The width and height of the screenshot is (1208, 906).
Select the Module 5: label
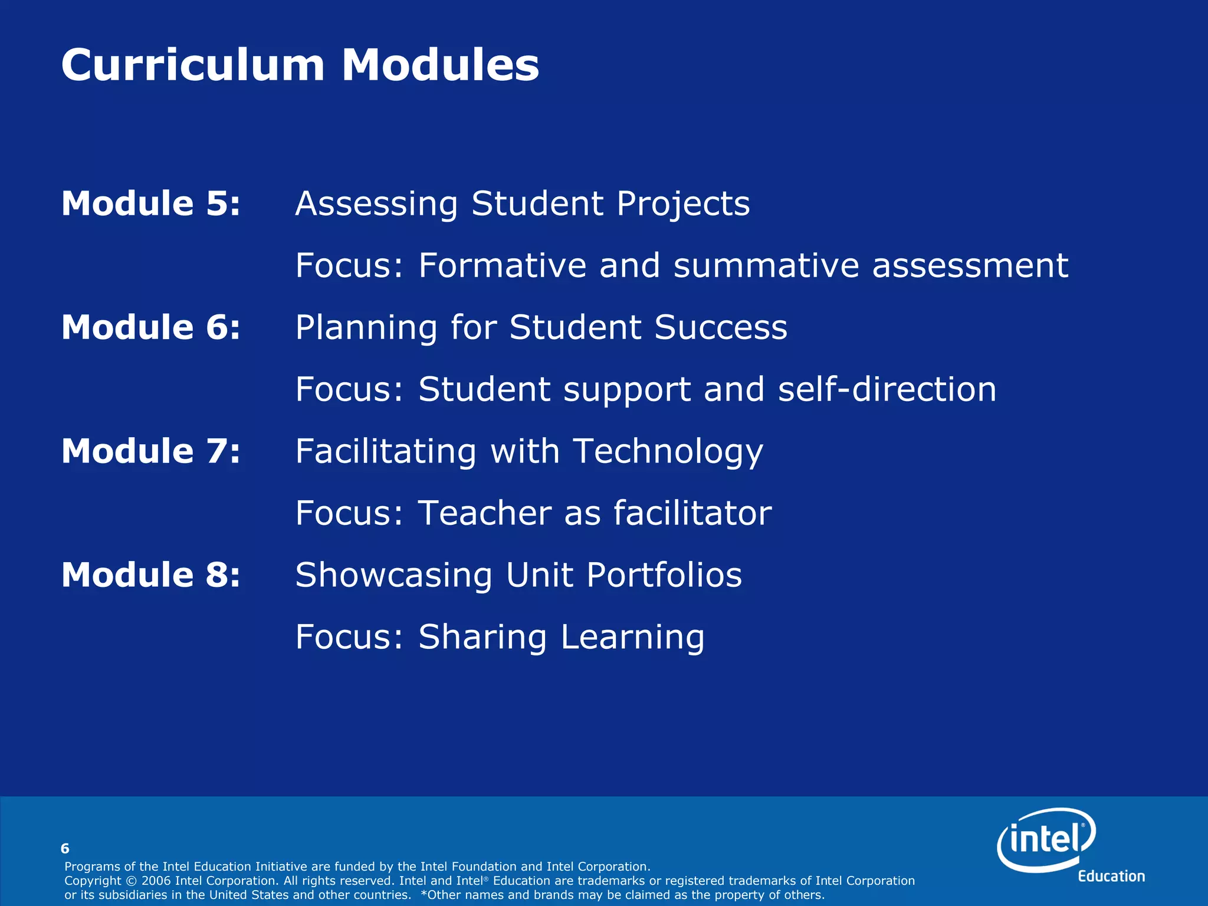pos(151,203)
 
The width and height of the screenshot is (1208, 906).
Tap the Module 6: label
pos(151,327)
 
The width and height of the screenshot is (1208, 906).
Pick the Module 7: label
pos(151,451)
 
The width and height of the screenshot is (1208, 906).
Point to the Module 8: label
pos(151,575)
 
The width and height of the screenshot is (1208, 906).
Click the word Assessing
pos(376,205)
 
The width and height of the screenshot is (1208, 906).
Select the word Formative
pos(502,265)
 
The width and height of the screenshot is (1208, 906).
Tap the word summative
pos(766,265)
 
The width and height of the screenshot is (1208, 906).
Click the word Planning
pos(366,328)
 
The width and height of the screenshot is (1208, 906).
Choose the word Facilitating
pos(386,452)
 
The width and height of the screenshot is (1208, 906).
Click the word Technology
pos(668,452)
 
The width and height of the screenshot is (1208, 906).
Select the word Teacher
pos(484,513)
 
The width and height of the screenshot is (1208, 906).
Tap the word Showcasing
pos(393,576)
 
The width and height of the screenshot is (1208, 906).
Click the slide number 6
pos(65,849)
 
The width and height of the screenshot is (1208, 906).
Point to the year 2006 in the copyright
pos(156,881)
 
